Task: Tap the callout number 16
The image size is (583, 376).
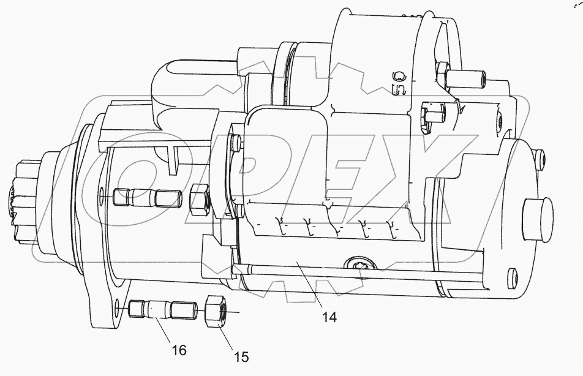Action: tap(178, 350)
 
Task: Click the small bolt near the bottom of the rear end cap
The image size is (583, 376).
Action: tap(510, 276)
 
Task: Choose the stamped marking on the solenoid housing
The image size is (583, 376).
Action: tap(399, 83)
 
